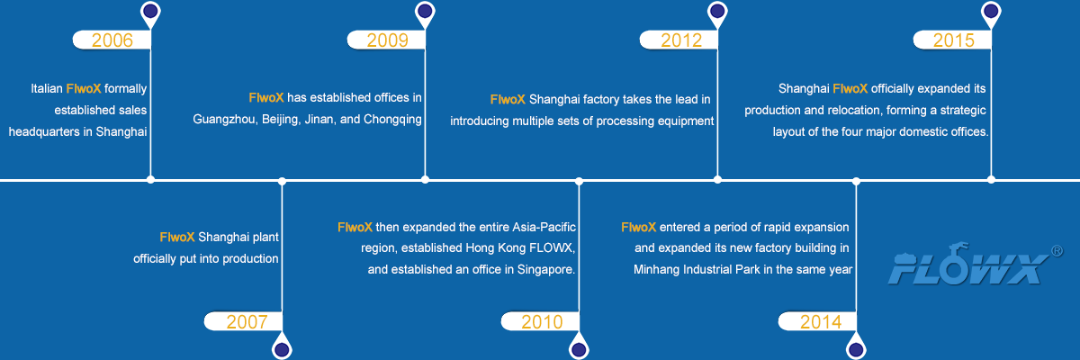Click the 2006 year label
[112, 40]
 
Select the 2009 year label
[387, 40]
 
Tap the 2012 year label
[680, 40]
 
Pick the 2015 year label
[954, 40]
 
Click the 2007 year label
[247, 321]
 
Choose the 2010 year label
[542, 321]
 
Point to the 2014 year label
[821, 321]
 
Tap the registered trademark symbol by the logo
[1057, 251]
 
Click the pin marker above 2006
[150, 12]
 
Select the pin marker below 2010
[579, 348]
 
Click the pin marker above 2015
[991, 12]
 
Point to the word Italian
[47, 89]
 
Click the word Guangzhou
[224, 119]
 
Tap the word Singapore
[546, 269]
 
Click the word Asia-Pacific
[544, 227]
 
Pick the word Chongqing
[392, 119]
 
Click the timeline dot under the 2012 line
[717, 180]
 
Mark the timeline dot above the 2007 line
[282, 181]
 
